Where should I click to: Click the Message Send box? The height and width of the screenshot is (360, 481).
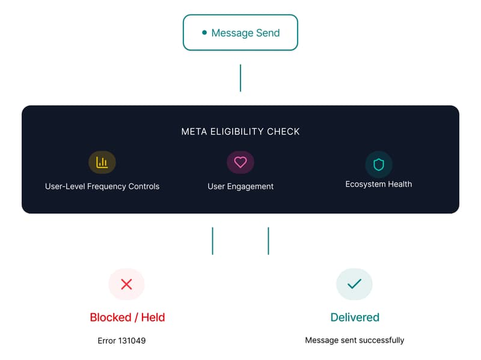pos(240,32)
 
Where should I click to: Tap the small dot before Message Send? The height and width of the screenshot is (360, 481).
pos(204,32)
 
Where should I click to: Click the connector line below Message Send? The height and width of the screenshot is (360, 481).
pos(240,78)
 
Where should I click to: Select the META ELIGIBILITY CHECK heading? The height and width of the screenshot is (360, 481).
pos(240,132)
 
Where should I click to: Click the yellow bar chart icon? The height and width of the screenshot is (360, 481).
pos(102,162)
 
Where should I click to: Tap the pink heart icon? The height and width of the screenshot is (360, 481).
pos(240,162)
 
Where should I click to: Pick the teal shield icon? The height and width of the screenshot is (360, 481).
pos(379,164)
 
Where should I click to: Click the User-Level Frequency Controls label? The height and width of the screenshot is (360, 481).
pos(102,186)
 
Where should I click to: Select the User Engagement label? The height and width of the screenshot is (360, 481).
pos(240,186)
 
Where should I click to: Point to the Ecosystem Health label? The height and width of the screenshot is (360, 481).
pos(379,185)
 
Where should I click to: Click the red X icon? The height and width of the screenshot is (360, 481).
pos(126,284)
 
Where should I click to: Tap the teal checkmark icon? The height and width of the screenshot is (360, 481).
pos(355,284)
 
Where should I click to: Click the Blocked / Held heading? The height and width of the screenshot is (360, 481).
pos(127,317)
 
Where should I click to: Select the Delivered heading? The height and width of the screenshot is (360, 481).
pos(355,317)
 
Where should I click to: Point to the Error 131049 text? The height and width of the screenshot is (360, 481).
pos(121,341)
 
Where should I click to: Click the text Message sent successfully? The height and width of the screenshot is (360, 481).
pos(355,340)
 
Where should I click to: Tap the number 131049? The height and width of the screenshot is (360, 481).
pos(132,341)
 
